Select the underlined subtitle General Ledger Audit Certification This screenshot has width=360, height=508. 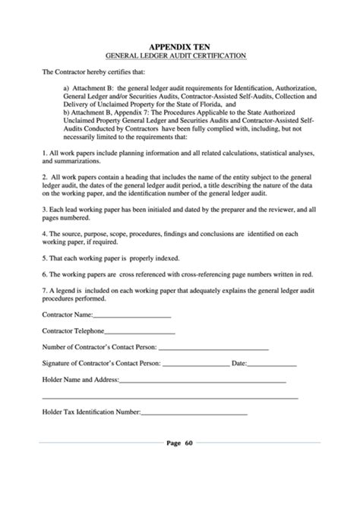[179, 56]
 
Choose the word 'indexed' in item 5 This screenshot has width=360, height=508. [162, 259]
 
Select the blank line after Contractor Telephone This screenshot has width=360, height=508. [140, 331]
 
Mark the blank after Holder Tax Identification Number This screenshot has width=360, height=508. [194, 412]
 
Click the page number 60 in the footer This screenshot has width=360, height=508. [189, 443]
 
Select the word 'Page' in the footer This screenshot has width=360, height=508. [172, 443]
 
